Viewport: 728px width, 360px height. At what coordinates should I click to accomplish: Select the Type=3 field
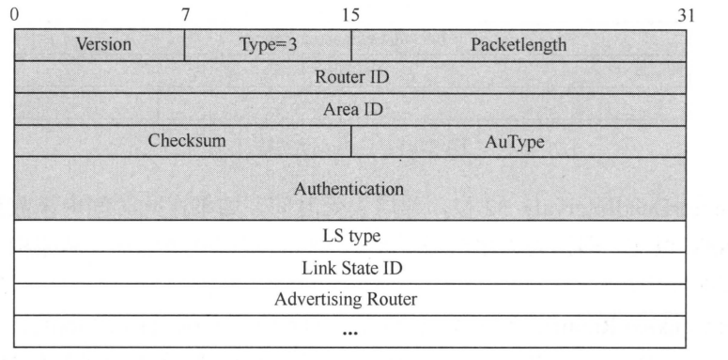268,44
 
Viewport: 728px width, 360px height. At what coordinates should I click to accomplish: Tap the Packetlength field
519,44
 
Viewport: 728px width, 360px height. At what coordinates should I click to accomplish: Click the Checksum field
183,141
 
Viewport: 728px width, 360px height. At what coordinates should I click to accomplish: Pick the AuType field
518,141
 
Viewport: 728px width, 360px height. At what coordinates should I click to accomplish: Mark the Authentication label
350,188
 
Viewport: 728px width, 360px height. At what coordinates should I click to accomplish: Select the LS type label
350,235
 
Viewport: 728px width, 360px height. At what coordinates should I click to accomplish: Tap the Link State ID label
350,268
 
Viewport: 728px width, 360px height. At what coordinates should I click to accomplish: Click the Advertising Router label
350,300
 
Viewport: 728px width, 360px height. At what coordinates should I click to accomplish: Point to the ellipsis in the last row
350,332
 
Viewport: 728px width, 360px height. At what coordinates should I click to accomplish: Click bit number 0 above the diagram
14,15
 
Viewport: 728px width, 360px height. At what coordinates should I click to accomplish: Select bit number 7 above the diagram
184,15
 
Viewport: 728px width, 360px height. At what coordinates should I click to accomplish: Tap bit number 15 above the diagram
350,15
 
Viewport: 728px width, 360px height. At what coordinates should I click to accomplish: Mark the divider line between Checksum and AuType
351,141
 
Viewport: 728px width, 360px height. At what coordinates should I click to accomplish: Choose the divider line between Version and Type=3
184,44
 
